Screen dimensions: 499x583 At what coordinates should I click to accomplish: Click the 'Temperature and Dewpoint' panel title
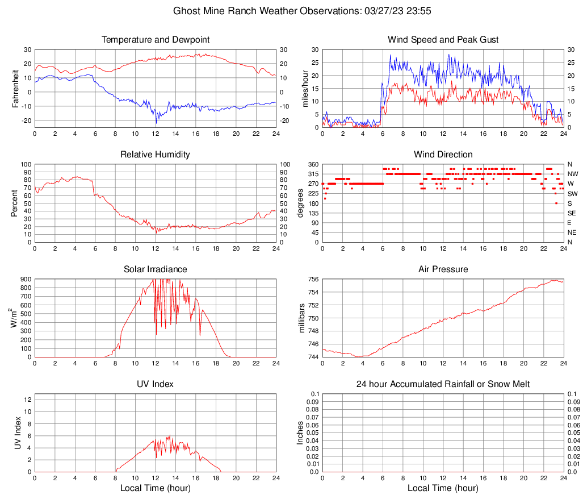155,40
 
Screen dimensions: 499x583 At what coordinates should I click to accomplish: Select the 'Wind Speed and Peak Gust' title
443,40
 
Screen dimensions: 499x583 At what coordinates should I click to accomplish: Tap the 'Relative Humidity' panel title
155,155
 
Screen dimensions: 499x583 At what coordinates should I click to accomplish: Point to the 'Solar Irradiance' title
155,269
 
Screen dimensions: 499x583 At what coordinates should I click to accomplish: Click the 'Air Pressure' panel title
443,269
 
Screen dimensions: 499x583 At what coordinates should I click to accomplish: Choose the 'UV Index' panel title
155,384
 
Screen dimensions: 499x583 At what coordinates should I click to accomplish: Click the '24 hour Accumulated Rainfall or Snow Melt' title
443,384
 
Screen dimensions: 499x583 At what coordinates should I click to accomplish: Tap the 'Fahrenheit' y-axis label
15,88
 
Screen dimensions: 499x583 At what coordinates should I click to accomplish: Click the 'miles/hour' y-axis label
306,88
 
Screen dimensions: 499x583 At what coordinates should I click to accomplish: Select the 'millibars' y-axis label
302,318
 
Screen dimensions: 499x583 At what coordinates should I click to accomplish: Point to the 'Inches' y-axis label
301,433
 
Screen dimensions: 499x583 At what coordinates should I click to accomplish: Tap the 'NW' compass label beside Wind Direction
573,174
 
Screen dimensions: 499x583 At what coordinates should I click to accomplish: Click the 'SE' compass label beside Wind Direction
572,213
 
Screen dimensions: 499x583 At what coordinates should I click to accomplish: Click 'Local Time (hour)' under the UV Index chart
155,488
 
